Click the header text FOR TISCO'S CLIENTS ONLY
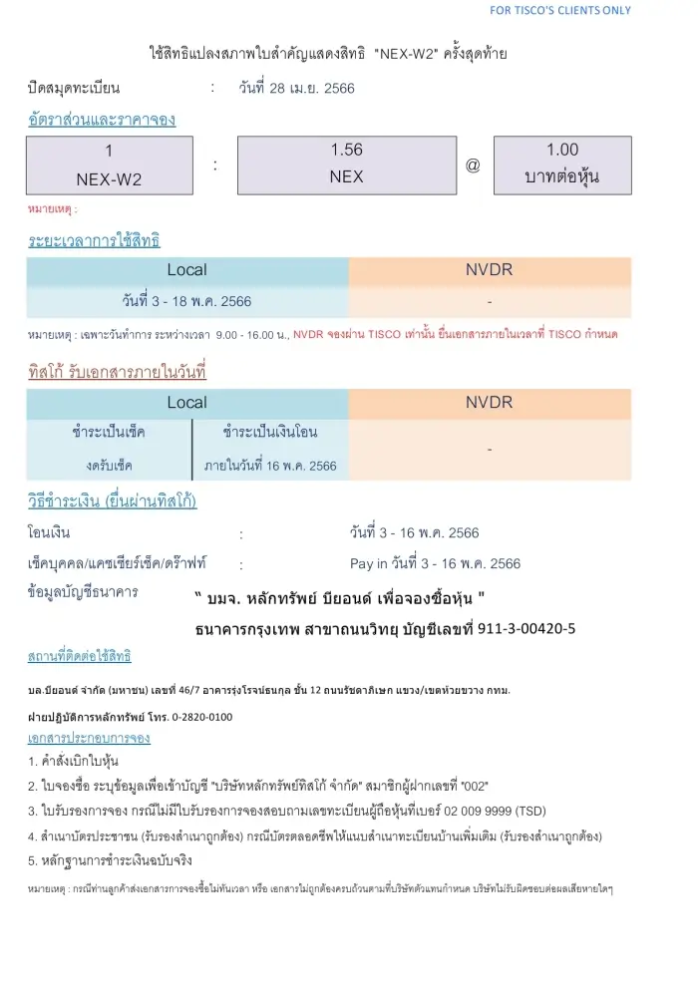click(x=560, y=10)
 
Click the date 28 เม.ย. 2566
click(x=296, y=88)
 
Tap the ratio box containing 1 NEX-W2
click(x=109, y=165)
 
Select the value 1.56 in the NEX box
click(x=346, y=151)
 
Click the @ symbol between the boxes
click(x=473, y=166)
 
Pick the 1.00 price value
click(x=562, y=151)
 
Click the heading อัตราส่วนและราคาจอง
click(x=102, y=121)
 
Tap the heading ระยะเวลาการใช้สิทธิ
click(x=94, y=240)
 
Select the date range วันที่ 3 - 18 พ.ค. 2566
click(x=186, y=300)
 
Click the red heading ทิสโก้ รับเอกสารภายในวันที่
click(x=117, y=372)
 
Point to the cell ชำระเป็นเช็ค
click(x=110, y=433)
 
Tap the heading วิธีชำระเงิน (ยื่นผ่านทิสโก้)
click(x=112, y=501)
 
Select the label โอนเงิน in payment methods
click(x=49, y=533)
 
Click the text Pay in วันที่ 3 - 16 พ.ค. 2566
click(x=435, y=564)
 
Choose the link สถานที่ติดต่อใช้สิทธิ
click(x=79, y=657)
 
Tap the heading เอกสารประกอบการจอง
click(x=89, y=739)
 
